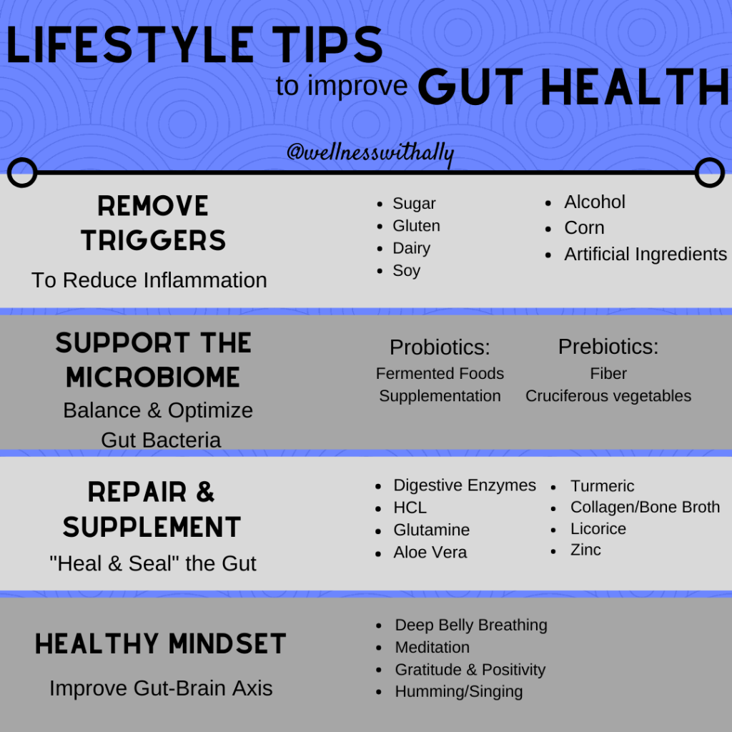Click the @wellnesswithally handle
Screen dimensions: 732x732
click(x=370, y=153)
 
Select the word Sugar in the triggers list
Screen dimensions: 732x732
click(x=414, y=204)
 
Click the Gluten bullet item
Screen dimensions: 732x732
click(x=417, y=226)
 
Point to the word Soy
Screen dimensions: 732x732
click(x=407, y=271)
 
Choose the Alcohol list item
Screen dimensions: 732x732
click(x=595, y=202)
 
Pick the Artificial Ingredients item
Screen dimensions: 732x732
click(x=646, y=254)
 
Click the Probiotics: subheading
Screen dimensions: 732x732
click(x=440, y=347)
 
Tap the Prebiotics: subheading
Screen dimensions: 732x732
click(x=608, y=347)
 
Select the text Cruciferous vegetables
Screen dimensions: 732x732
click(x=608, y=396)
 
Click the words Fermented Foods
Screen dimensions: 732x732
click(x=440, y=373)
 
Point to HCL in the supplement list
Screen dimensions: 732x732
click(x=410, y=508)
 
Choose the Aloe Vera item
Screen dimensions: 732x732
click(x=430, y=553)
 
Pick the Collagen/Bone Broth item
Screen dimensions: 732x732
click(x=646, y=507)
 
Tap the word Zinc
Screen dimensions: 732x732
click(x=585, y=550)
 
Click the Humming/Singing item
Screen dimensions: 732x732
click(x=459, y=691)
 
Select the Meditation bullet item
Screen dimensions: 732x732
click(x=432, y=648)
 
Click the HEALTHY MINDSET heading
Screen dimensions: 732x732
click(x=161, y=644)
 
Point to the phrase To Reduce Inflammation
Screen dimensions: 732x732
click(x=149, y=280)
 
